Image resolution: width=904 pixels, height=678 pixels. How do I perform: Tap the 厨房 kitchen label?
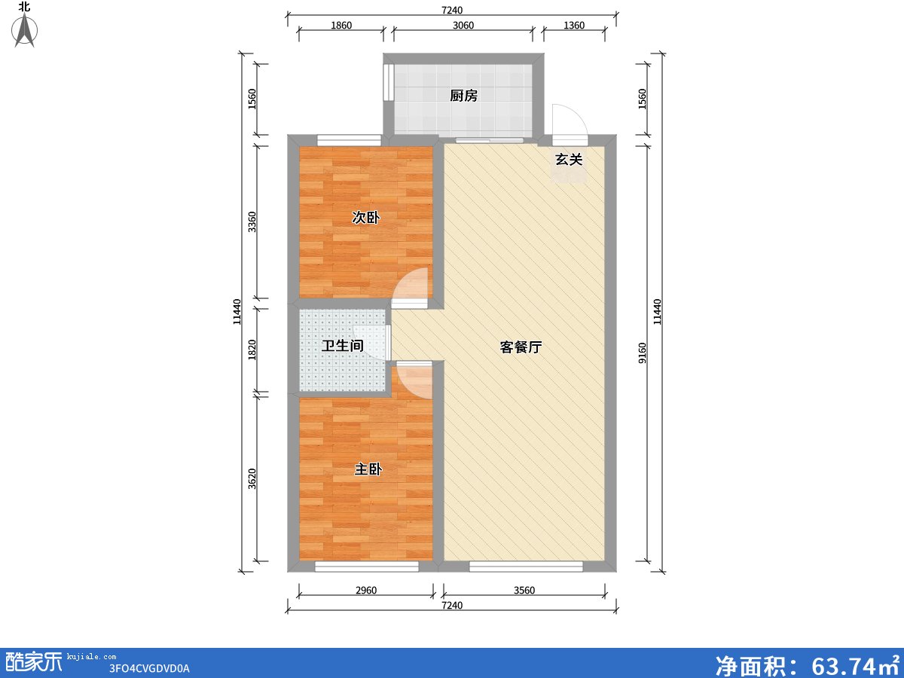point(463,96)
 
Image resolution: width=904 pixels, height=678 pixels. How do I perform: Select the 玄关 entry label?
point(569,160)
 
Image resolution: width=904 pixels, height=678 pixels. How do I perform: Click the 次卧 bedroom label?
point(366,218)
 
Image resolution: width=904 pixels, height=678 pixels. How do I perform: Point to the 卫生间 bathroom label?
point(343,347)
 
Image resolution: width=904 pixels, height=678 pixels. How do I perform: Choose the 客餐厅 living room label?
point(521,347)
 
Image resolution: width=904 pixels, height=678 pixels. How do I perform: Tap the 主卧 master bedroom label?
point(368,469)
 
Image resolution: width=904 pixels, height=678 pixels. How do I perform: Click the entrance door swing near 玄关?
point(567,121)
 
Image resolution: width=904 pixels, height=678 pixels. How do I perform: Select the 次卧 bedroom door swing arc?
point(412,285)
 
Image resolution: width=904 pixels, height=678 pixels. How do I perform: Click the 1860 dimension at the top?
point(341,26)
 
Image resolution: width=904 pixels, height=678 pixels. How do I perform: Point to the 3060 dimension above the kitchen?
point(463,26)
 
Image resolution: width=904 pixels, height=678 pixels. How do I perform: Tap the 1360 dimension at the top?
point(574,26)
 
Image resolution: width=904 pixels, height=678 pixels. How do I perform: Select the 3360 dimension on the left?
point(252,221)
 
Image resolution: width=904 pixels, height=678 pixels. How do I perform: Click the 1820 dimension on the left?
point(252,350)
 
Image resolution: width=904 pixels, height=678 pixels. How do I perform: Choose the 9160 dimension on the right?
point(642,353)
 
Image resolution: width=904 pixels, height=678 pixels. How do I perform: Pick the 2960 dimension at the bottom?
point(365,591)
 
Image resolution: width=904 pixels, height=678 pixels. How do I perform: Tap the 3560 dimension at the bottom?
point(524,591)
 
